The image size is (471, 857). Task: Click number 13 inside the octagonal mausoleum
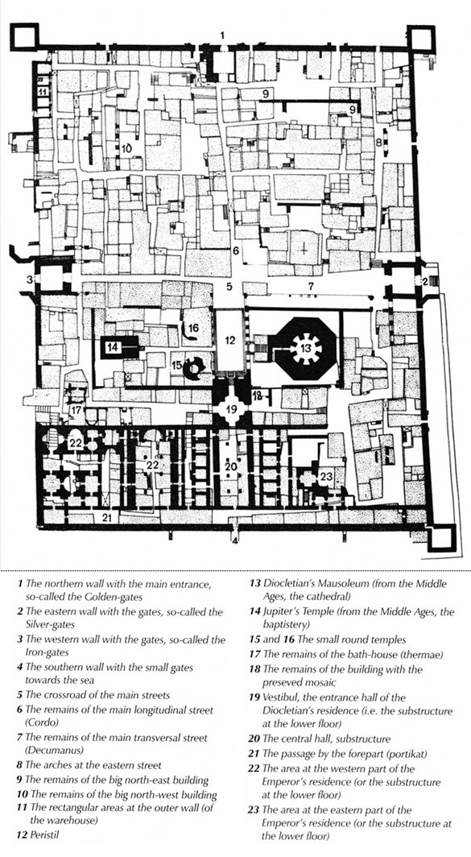pos(307,348)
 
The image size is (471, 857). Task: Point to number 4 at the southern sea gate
pos(235,541)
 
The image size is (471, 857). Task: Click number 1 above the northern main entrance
pos(222,35)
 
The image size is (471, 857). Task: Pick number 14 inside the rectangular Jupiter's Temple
pos(113,346)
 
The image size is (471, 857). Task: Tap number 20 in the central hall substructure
pos(230,466)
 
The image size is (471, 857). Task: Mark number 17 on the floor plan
pos(77,409)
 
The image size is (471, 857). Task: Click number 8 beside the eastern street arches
pos(378,142)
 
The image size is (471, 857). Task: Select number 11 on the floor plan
pos(42,91)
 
